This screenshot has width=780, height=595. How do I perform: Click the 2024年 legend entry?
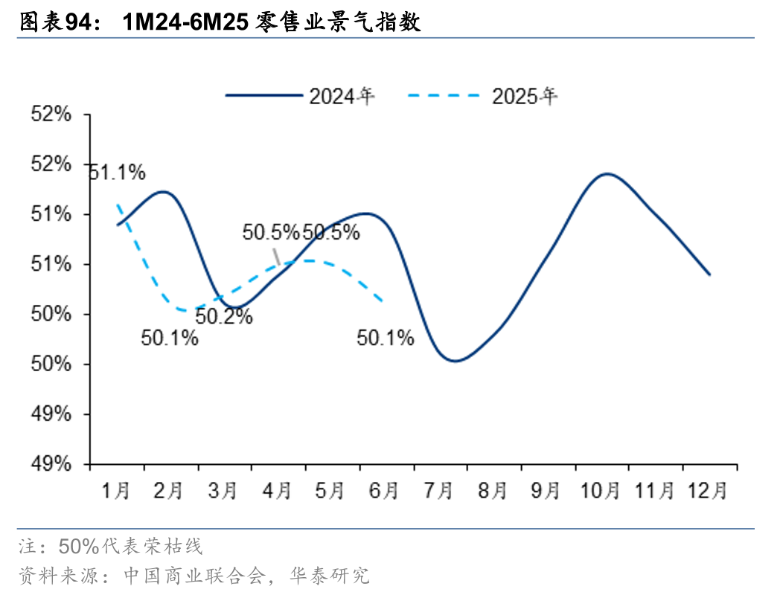pos(301,96)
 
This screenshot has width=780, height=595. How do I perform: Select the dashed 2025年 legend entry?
pos(484,96)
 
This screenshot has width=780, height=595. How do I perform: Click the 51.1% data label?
pos(117,173)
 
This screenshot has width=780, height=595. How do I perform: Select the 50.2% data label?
pos(225,317)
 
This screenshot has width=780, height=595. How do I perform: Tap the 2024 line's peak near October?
pos(607,174)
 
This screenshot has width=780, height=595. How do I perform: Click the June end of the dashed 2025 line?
pos(383,301)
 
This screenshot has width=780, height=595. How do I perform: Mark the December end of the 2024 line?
pos(710,274)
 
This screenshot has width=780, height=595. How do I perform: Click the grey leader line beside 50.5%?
pos(276,256)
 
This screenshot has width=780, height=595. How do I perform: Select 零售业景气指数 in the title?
pos(338,22)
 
